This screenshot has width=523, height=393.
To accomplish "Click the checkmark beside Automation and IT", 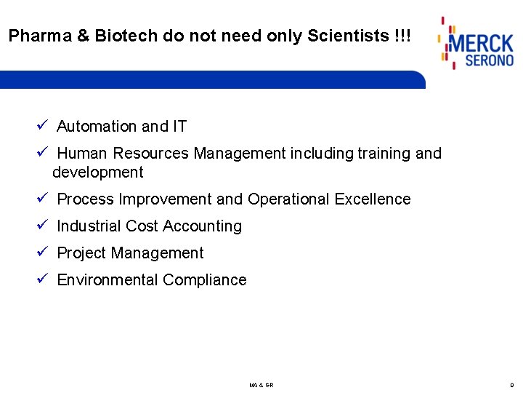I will pos(42,126).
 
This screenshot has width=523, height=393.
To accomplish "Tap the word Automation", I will pos(97,127).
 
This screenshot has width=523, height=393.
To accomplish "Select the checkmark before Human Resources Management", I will pos(42,153).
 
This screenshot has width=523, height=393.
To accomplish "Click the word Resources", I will pos(150,154).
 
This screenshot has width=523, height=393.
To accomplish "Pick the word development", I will pos(98,172).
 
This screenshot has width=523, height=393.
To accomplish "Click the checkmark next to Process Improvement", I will pos(42,199).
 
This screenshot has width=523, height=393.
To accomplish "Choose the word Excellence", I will pos(373,199).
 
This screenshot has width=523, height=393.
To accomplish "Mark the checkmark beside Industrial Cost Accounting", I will pos(42,226).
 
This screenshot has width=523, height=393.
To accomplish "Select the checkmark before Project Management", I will pos(42,253).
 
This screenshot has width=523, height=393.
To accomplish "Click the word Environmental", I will pos(108,280).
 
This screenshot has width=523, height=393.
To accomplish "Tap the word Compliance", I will pos(205,280).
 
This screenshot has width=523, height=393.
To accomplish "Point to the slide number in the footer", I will pos(511,384).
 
